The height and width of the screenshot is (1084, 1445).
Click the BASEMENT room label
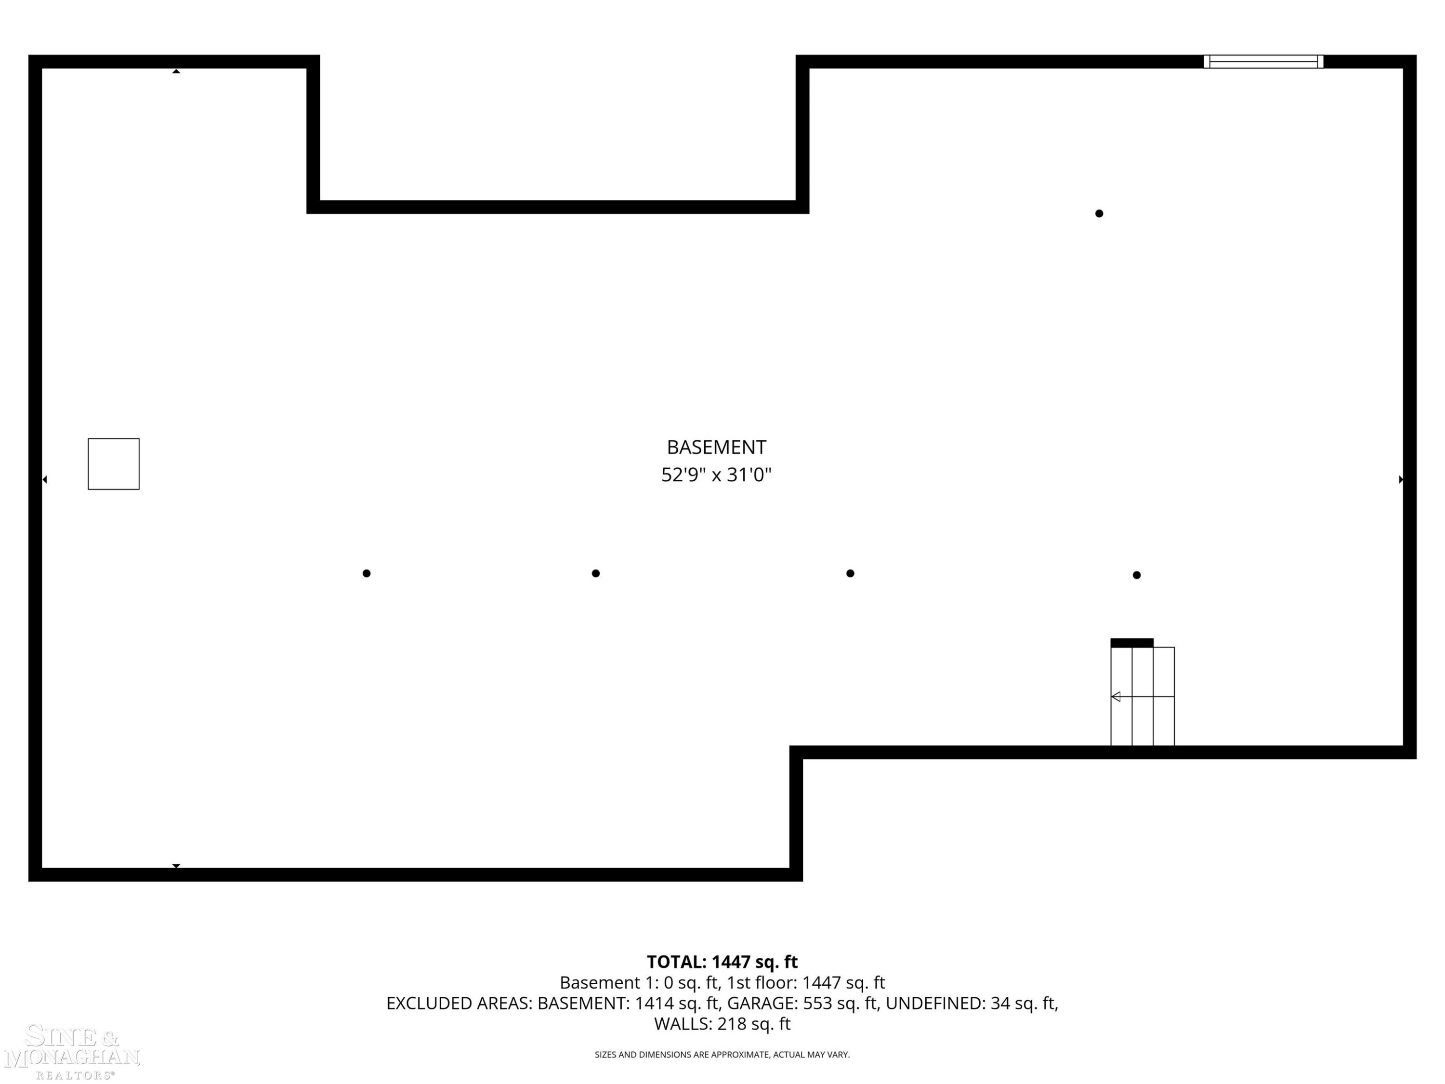716,448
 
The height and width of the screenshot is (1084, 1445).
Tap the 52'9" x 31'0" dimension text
716,475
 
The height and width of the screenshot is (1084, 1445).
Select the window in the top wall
1263,61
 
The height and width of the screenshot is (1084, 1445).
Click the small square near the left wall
114,464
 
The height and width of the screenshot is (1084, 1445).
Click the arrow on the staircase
1143,697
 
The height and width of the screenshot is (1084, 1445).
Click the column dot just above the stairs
1137,575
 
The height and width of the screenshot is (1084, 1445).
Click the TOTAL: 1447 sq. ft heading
722,962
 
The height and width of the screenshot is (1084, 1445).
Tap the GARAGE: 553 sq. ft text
802,1003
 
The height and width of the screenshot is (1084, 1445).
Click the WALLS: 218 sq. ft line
722,1024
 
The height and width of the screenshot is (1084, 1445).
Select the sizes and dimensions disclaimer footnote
722,1055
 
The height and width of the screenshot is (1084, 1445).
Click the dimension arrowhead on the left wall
44,479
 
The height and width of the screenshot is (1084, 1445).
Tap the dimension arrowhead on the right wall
1401,479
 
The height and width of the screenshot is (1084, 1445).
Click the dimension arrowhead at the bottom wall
176,866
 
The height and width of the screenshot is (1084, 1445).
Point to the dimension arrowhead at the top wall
176,71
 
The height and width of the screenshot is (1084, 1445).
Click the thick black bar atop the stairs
1132,643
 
